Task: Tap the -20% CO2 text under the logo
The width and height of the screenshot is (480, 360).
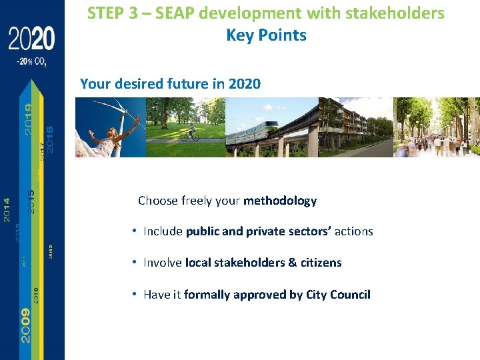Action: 31,62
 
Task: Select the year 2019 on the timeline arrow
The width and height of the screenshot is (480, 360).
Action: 29,119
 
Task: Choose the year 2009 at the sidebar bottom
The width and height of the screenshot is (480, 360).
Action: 25,325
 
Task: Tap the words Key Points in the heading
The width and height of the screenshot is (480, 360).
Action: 266,35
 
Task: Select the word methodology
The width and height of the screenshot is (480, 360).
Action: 280,201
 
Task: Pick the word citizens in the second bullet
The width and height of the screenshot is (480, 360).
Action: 321,263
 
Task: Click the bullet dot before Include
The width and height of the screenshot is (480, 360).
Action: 135,231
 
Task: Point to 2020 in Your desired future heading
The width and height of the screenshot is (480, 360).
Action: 244,84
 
